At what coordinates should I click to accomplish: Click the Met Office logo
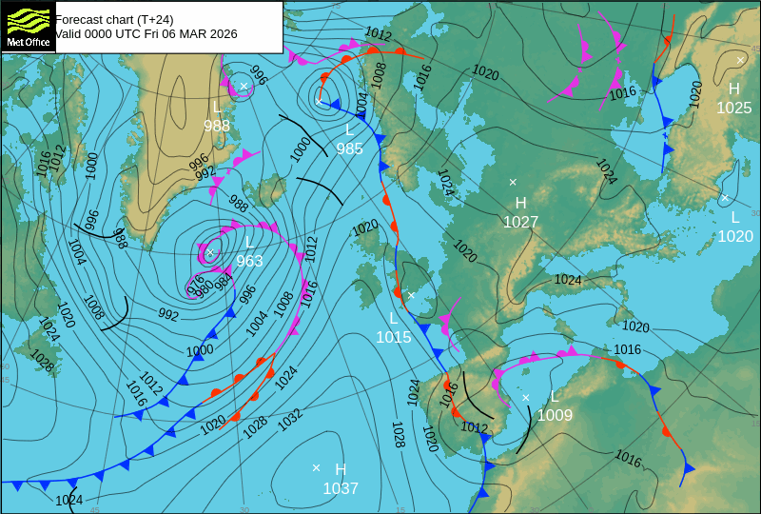pyautogui.click(x=29, y=26)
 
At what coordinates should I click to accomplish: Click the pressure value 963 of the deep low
pyautogui.click(x=249, y=261)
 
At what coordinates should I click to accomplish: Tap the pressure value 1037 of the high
pyautogui.click(x=341, y=488)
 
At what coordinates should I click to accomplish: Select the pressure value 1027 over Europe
pyautogui.click(x=520, y=222)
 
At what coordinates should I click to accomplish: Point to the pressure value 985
pyautogui.click(x=349, y=148)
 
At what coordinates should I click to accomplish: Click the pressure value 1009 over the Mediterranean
pyautogui.click(x=555, y=415)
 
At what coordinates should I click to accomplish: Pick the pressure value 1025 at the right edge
pyautogui.click(x=733, y=108)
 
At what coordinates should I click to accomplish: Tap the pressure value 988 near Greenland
pyautogui.click(x=217, y=126)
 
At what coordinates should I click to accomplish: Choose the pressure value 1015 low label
pyautogui.click(x=394, y=337)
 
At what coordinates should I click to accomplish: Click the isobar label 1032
pyautogui.click(x=290, y=415)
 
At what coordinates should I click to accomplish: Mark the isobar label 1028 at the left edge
pyautogui.click(x=42, y=360)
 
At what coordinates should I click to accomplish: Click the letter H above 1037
pyautogui.click(x=341, y=469)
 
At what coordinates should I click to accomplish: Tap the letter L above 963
pyautogui.click(x=249, y=242)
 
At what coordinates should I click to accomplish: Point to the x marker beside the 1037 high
pyautogui.click(x=316, y=467)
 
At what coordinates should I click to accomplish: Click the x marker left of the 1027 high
pyautogui.click(x=513, y=181)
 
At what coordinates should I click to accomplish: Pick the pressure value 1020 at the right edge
pyautogui.click(x=734, y=236)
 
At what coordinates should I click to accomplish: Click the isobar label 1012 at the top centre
pyautogui.click(x=378, y=35)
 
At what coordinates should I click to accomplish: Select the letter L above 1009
pyautogui.click(x=555, y=396)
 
